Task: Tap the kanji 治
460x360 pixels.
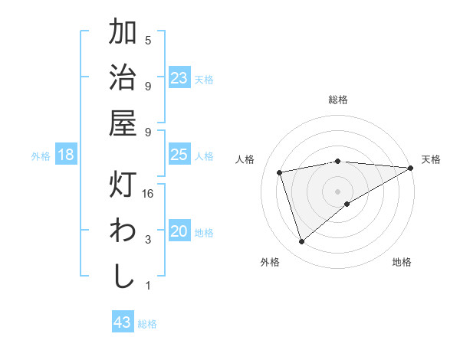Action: pyautogui.click(x=123, y=77)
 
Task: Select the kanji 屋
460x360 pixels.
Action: pyautogui.click(x=123, y=123)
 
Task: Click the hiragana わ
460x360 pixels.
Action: pyautogui.click(x=123, y=231)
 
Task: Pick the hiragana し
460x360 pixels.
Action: pyautogui.click(x=123, y=276)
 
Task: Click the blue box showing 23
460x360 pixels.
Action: pyautogui.click(x=179, y=78)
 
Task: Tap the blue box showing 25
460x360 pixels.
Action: pyautogui.click(x=179, y=155)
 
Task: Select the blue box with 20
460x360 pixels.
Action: pyautogui.click(x=179, y=231)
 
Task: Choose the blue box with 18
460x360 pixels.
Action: pyautogui.click(x=66, y=155)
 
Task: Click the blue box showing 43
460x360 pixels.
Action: pyautogui.click(x=122, y=322)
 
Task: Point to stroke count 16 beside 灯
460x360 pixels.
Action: pyautogui.click(x=149, y=194)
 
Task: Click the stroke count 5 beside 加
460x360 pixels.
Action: pyautogui.click(x=148, y=40)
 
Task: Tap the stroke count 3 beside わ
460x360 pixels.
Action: pyautogui.click(x=148, y=240)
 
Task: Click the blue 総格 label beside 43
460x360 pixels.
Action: pyautogui.click(x=147, y=324)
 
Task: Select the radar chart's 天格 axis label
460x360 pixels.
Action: pyautogui.click(x=431, y=159)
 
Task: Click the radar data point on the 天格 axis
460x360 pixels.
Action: pyautogui.click(x=411, y=168)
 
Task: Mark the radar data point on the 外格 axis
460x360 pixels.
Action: pyautogui.click(x=302, y=242)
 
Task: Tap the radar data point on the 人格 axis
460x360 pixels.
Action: pyautogui.click(x=281, y=172)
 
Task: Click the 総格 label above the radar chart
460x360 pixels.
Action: pyautogui.click(x=338, y=100)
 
